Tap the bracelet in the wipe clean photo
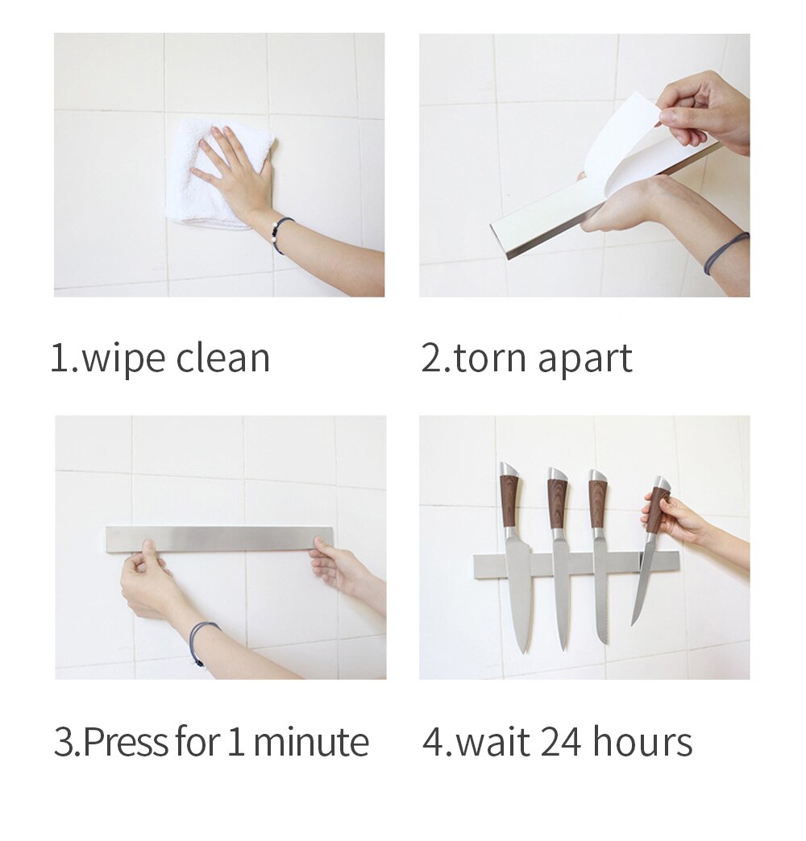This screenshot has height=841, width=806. click(x=279, y=234)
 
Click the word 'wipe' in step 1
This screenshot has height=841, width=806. click(x=123, y=358)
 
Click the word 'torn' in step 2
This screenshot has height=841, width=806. click(x=491, y=358)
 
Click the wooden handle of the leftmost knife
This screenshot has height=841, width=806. click(x=509, y=499)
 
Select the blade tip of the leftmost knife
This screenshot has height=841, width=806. click(x=526, y=644)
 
